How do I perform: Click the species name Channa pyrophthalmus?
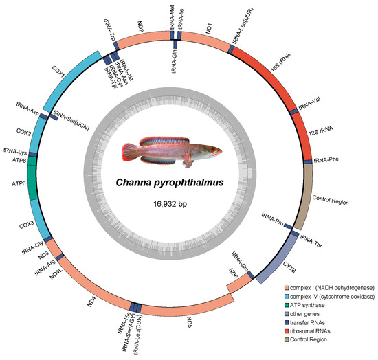(x=170, y=183)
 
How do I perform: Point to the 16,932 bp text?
(x=170, y=204)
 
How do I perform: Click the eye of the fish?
(x=213, y=150)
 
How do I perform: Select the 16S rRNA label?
(x=280, y=63)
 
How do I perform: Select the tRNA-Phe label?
(x=326, y=160)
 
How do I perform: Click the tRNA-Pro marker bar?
(x=288, y=226)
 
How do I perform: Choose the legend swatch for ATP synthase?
(x=287, y=305)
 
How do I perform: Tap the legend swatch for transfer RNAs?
(x=287, y=323)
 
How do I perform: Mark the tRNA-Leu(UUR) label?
(x=243, y=25)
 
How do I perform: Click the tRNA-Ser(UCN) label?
(x=71, y=120)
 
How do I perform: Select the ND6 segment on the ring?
(x=240, y=283)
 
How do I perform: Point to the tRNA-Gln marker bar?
(x=175, y=44)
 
